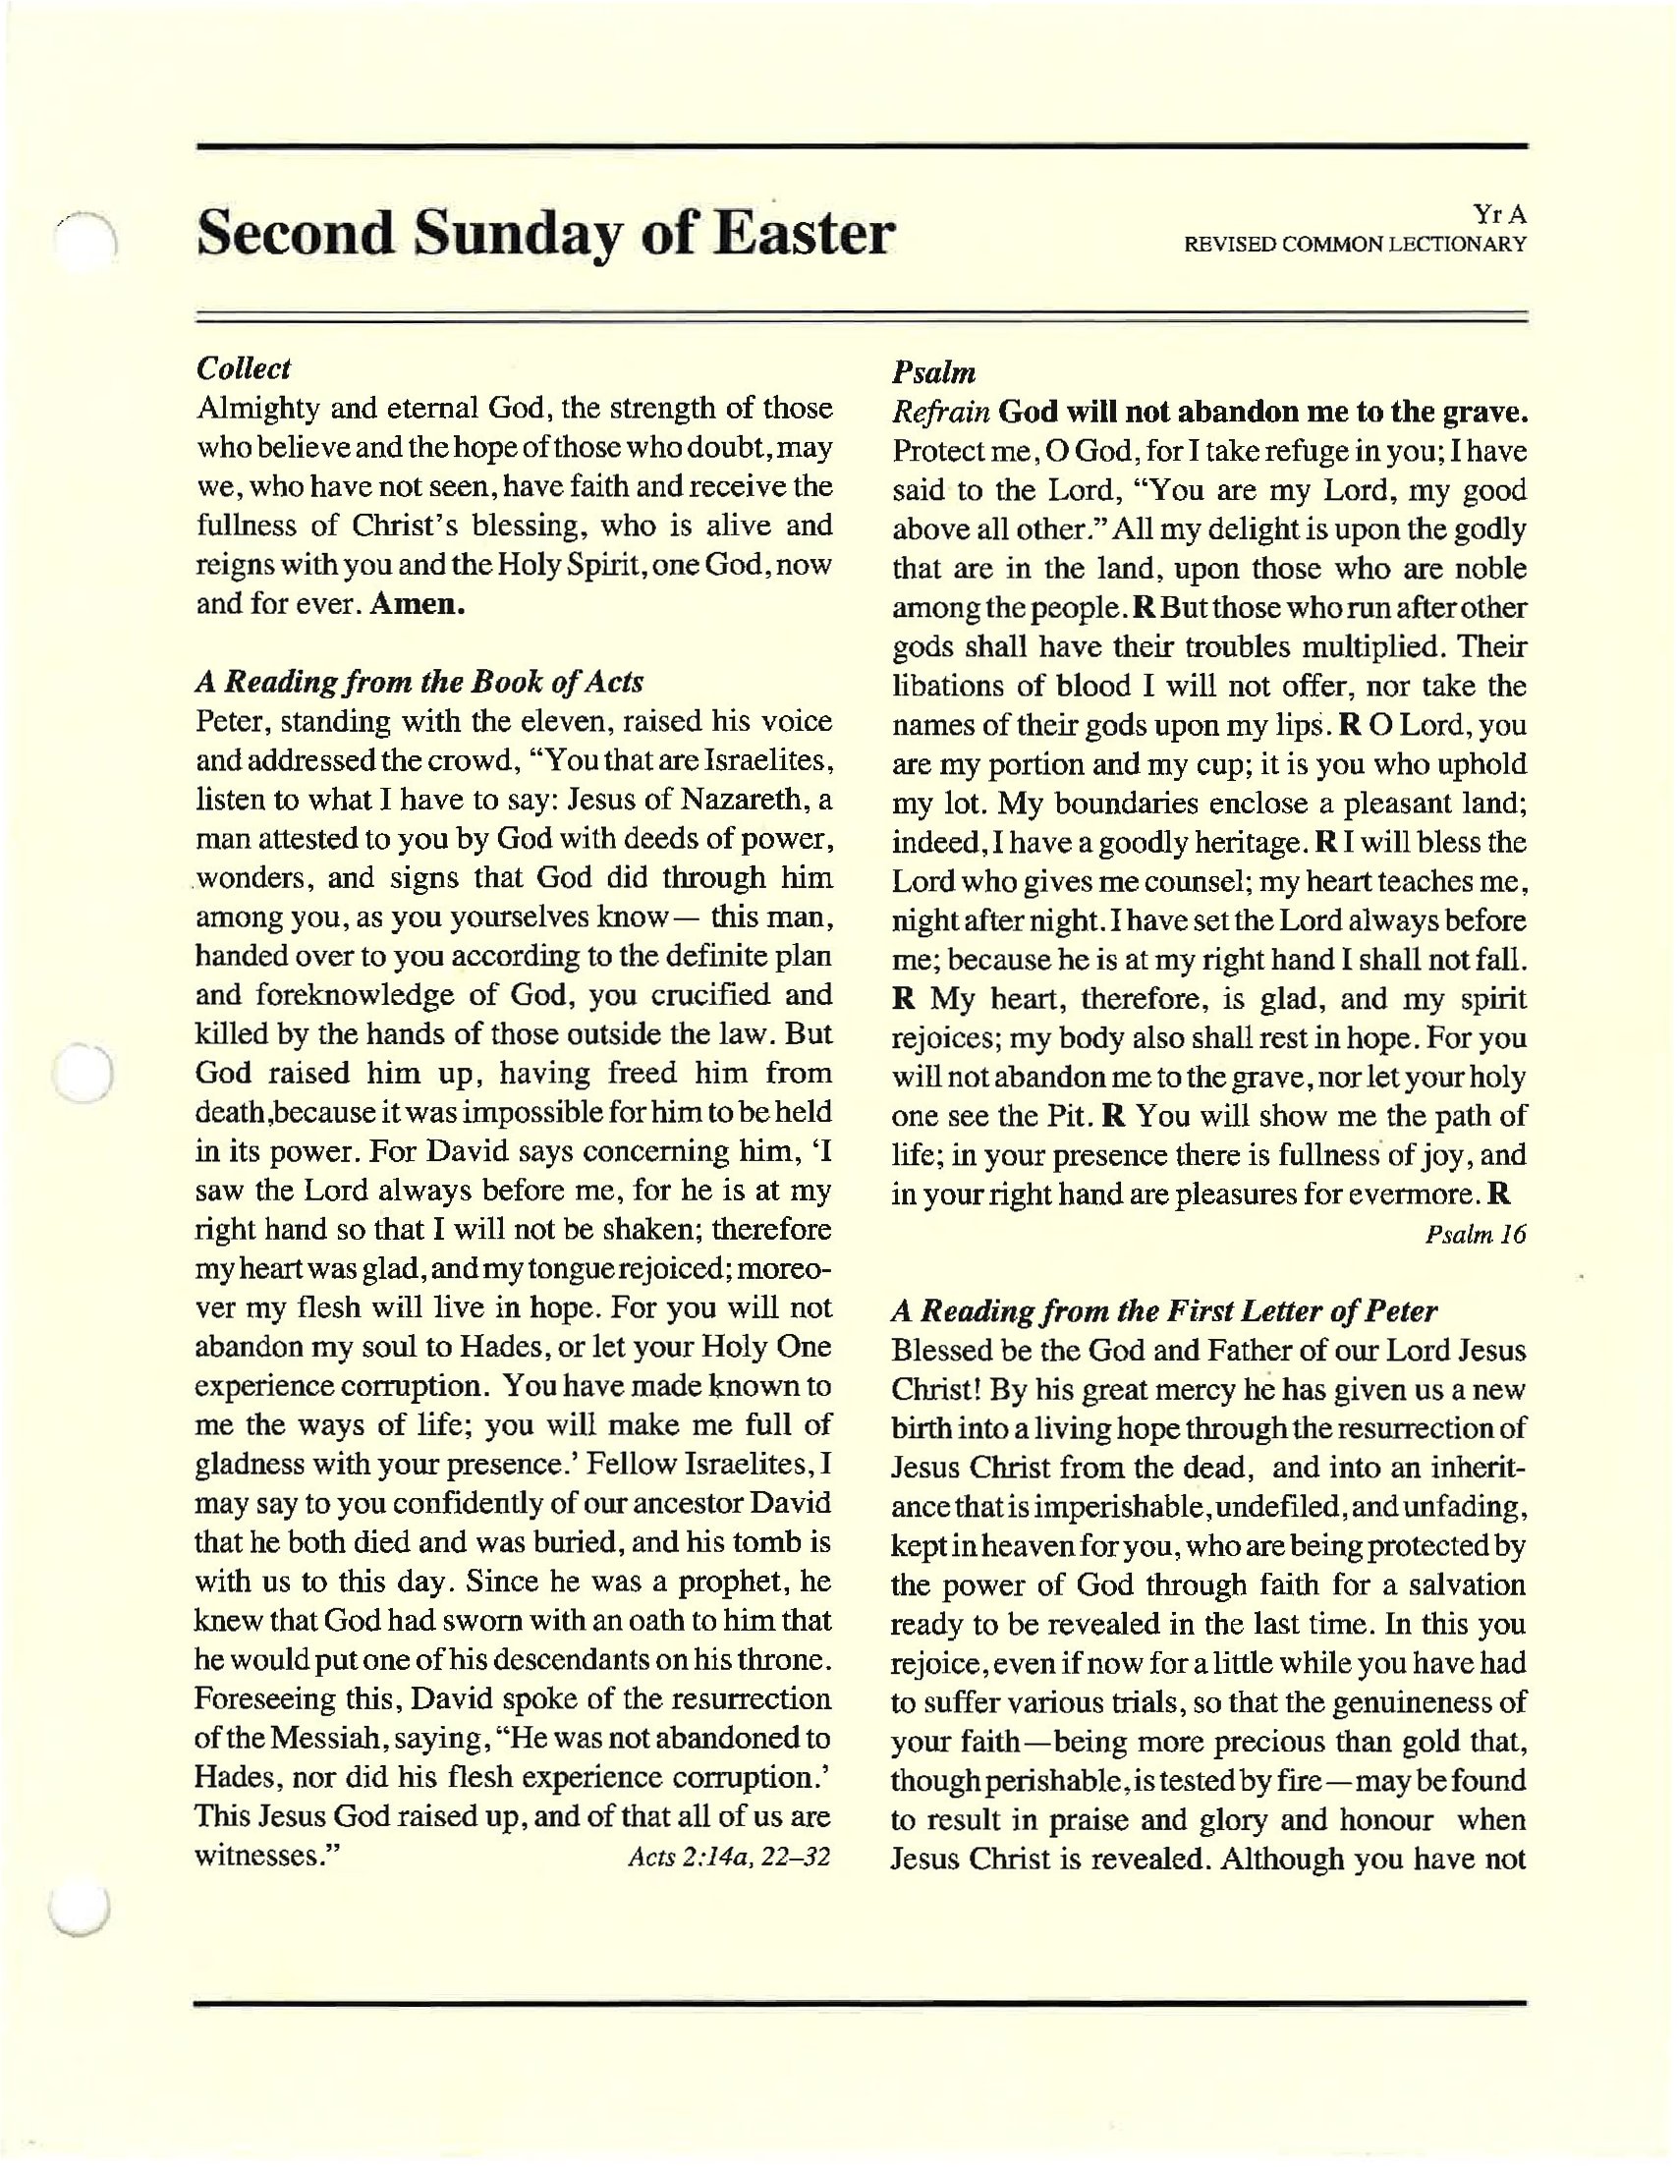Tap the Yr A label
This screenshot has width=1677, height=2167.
(1499, 214)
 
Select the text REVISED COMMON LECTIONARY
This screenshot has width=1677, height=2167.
(1355, 244)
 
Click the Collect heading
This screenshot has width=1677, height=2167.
(243, 368)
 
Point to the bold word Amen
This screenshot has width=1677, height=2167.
(417, 603)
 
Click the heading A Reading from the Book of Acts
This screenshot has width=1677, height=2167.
(419, 682)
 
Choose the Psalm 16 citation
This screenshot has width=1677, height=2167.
(1476, 1235)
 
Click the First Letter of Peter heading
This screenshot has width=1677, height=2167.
(1164, 1311)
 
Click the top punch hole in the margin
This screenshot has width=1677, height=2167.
(85, 243)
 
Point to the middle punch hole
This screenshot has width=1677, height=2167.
(84, 1073)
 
